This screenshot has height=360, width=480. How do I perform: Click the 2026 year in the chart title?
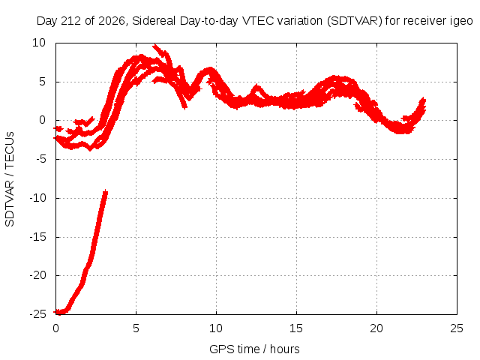tap(112, 21)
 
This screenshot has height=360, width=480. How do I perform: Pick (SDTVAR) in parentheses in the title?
tap(355, 21)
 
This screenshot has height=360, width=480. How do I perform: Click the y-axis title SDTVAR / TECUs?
tap(10, 179)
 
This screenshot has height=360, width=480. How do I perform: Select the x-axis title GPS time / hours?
tap(254, 349)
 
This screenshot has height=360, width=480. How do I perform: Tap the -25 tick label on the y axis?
tap(38, 314)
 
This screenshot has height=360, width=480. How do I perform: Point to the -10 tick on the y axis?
tap(38, 198)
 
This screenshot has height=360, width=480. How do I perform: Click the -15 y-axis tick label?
tap(38, 237)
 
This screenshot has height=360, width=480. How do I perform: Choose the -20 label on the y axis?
tap(38, 275)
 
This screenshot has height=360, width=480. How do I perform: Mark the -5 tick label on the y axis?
tap(40, 159)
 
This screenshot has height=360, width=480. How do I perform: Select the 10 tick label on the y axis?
tap(39, 43)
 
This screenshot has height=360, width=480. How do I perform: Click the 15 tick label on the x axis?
tap(296, 328)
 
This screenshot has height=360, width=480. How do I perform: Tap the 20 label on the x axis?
tap(376, 328)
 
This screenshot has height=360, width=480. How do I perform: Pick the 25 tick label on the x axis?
tap(457, 328)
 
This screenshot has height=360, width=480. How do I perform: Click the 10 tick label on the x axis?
tap(216, 328)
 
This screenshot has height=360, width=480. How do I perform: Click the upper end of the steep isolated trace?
tap(105, 192)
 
